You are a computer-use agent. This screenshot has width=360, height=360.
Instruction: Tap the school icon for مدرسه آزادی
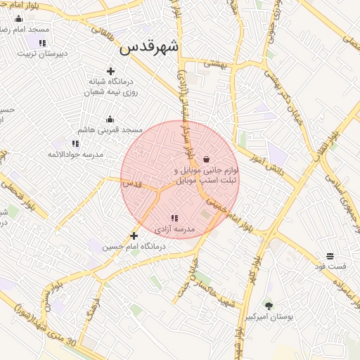coord(174,218)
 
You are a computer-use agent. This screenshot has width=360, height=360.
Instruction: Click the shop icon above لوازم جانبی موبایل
coord(206,158)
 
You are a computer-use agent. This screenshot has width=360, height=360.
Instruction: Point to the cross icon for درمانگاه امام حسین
coord(134,236)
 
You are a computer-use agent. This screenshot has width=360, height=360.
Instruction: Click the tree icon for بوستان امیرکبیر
coord(268,305)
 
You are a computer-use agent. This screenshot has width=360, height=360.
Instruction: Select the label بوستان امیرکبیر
coord(268,317)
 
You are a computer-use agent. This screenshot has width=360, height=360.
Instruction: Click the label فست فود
coord(330,266)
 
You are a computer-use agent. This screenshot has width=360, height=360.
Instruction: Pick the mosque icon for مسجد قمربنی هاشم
coord(110,119)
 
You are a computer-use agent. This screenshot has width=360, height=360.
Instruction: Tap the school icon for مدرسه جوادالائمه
coord(75,143)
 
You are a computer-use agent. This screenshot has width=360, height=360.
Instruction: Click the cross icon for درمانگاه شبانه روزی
coord(110,70)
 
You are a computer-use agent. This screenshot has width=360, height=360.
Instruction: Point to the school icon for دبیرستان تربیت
coord(42,42)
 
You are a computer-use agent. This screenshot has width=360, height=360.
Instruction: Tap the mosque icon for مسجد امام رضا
coord(18,18)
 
